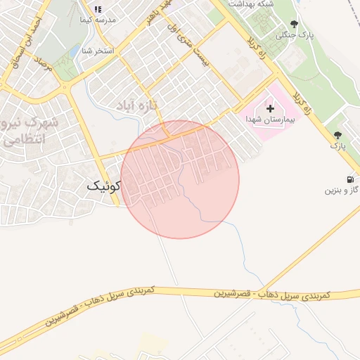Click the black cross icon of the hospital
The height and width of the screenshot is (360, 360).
click(x=271, y=108)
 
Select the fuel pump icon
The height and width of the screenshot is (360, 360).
click(x=351, y=179)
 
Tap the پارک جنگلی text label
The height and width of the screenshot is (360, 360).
click(x=295, y=34)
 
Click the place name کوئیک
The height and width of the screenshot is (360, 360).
click(x=104, y=186)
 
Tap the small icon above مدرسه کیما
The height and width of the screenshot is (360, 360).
click(x=98, y=10)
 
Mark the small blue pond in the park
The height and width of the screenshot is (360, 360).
click(x=75, y=51)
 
